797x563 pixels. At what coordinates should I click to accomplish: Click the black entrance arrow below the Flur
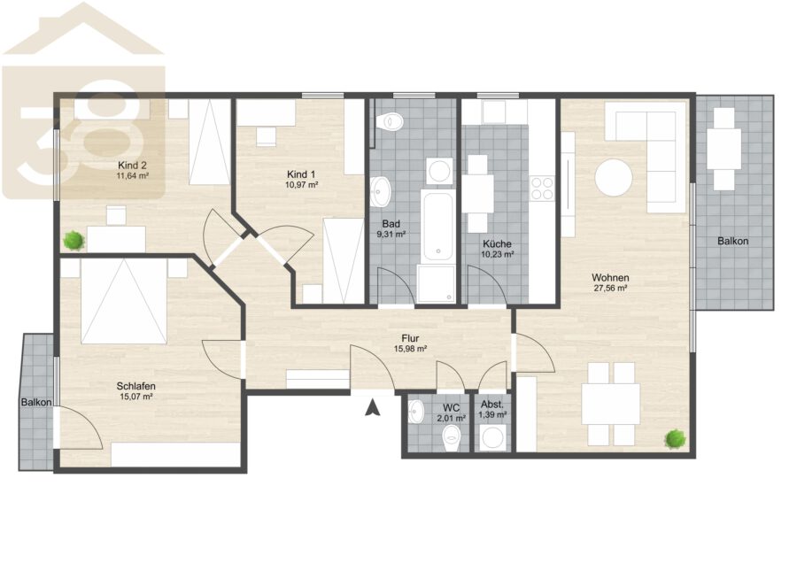tap(373, 407)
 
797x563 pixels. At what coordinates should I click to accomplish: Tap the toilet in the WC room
tap(451, 438)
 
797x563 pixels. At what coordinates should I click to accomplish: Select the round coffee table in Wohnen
tap(614, 177)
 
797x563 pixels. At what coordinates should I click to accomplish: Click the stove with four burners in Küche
tap(542, 188)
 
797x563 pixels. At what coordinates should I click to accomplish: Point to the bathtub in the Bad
tap(437, 226)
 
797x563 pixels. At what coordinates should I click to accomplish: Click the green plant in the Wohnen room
tap(676, 438)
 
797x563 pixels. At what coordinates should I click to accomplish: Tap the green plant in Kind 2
tap(74, 240)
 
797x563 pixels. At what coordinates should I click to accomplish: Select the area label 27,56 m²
tap(610, 288)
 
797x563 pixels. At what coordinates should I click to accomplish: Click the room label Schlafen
tap(135, 386)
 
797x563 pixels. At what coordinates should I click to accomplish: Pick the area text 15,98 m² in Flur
tap(410, 349)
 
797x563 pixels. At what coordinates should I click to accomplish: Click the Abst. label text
tap(492, 405)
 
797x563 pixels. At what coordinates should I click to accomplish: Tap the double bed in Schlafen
tap(124, 301)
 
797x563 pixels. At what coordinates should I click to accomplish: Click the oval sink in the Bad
tap(379, 191)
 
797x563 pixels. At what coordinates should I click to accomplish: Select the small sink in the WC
tap(415, 411)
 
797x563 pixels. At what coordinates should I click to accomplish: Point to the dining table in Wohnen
tap(610, 404)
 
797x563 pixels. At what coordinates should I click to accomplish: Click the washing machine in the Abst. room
tap(492, 438)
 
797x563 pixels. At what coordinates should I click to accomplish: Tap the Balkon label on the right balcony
tap(732, 242)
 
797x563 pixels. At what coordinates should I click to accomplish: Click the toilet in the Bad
tap(390, 121)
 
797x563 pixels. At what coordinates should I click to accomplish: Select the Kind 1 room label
tap(301, 174)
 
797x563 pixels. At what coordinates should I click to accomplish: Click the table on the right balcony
tap(724, 149)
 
